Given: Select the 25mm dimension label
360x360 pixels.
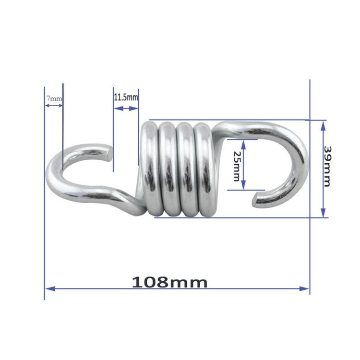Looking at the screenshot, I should tap(236, 166).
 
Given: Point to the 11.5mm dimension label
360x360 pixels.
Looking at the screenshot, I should tap(126, 97).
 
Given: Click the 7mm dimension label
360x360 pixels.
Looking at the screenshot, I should tap(54, 98).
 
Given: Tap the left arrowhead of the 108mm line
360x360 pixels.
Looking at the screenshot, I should tap(48, 288).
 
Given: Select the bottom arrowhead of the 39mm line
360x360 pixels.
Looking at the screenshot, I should tap(323, 213).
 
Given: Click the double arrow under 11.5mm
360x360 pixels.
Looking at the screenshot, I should tap(126, 108).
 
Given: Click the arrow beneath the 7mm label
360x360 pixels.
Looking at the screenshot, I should tap(54, 105).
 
